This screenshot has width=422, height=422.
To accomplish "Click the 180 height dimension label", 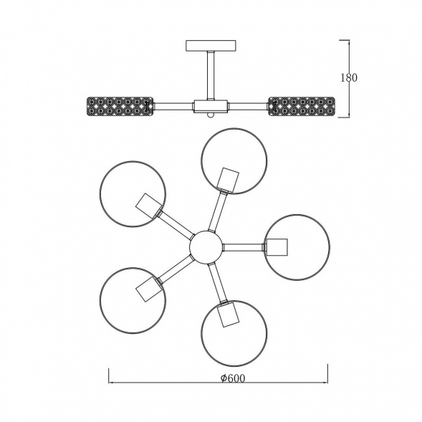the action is (x=349, y=78).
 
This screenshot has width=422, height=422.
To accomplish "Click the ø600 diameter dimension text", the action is (x=233, y=378).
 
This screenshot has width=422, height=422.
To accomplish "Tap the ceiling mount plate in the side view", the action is (x=211, y=45).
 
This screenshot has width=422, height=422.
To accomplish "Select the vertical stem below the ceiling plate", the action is (x=211, y=75).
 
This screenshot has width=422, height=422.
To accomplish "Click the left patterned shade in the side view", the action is (x=120, y=106).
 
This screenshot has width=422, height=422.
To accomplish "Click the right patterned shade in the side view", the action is (x=302, y=106).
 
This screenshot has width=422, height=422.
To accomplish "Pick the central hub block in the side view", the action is (x=211, y=106).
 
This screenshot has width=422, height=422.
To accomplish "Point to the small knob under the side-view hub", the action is (x=211, y=115).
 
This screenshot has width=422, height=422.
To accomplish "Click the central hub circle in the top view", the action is (x=206, y=247).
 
